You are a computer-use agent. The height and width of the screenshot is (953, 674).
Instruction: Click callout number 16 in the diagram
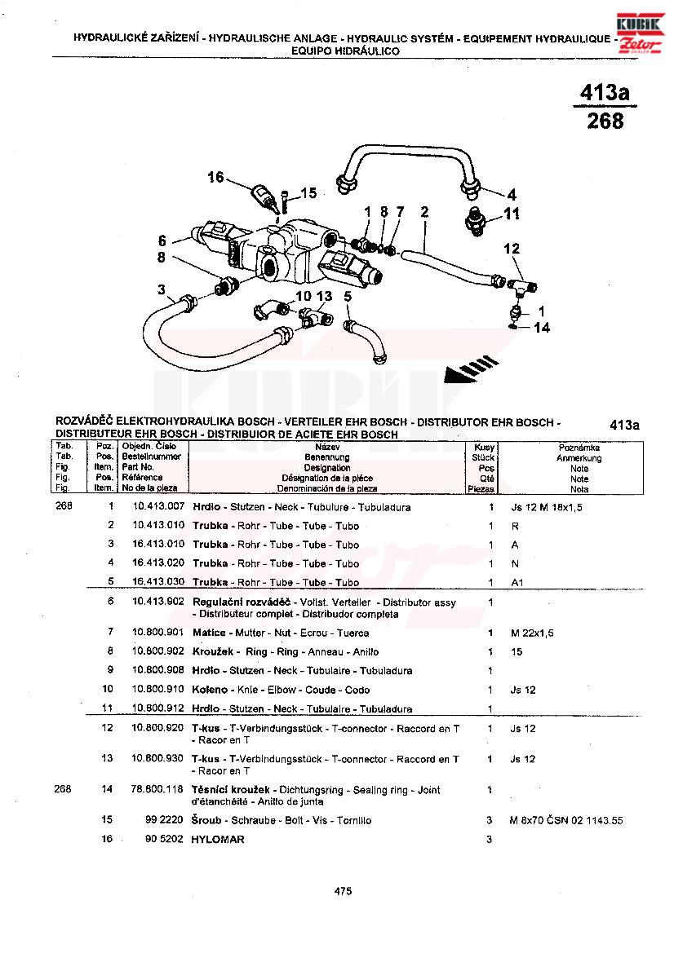tap(215, 177)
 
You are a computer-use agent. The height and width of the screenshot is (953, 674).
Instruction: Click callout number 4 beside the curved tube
tap(512, 195)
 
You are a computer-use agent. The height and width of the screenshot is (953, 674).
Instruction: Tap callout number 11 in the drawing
tap(512, 215)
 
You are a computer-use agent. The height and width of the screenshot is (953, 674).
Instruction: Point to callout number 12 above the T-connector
tap(512, 249)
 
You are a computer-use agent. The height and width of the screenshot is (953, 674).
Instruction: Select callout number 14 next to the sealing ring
tap(543, 328)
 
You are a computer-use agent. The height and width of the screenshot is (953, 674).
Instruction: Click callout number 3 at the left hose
tap(162, 289)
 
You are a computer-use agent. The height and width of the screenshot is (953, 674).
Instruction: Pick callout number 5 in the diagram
tap(348, 298)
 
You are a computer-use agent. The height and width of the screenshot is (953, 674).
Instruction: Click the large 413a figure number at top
tap(605, 93)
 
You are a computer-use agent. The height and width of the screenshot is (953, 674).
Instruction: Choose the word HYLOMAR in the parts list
tap(218, 839)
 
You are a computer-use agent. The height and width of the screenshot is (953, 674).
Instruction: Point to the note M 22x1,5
tap(531, 633)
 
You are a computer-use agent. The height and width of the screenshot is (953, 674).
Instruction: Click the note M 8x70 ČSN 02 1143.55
tap(565, 821)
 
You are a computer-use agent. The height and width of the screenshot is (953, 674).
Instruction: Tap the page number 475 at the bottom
tap(343, 892)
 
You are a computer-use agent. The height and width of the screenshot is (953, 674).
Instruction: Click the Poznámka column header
tap(579, 448)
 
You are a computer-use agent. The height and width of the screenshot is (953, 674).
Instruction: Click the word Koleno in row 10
tap(210, 690)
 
